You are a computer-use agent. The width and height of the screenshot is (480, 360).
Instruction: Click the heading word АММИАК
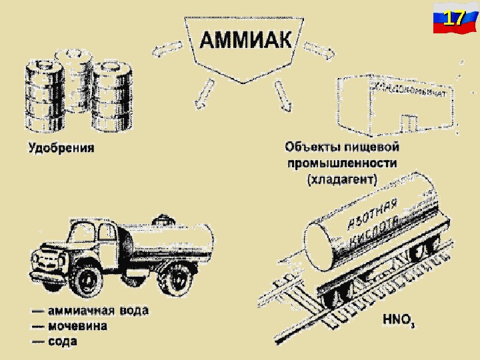[246, 39]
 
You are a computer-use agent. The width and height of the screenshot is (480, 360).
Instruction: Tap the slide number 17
[454, 18]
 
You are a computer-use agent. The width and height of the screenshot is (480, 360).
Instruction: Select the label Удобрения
[61, 148]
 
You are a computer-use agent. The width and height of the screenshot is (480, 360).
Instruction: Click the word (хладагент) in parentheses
[341, 179]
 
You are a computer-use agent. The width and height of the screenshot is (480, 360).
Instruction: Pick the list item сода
[63, 342]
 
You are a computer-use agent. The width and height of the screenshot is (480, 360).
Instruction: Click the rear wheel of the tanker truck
[177, 281]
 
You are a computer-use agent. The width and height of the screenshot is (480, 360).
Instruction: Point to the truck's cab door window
[106, 233]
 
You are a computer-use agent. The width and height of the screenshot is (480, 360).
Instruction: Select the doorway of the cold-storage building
[409, 123]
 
